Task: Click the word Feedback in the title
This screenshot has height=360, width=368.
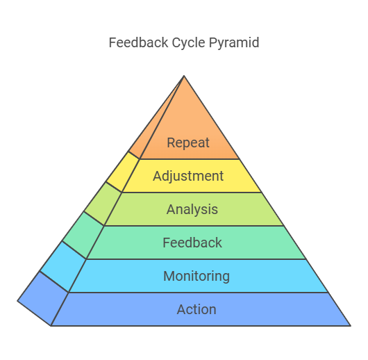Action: pyautogui.click(x=138, y=43)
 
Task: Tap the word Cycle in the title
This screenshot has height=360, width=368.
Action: pyautogui.click(x=188, y=44)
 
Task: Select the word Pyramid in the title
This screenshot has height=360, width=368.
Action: pyautogui.click(x=234, y=44)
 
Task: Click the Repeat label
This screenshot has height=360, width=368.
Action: pyautogui.click(x=188, y=143)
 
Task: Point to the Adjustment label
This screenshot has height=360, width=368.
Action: pyautogui.click(x=188, y=177)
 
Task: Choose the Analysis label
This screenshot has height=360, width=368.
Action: pyautogui.click(x=192, y=210)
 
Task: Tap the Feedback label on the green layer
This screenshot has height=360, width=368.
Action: pyautogui.click(x=192, y=243)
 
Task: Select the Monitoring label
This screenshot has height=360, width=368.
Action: pyautogui.click(x=196, y=277)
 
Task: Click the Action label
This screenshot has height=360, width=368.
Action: pyautogui.click(x=196, y=309)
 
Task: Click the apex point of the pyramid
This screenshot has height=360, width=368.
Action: pyautogui.click(x=184, y=76)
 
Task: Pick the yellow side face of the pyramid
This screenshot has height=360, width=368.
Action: pyautogui.click(x=123, y=172)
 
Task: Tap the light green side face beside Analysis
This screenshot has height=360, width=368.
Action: pyautogui.click(x=103, y=204)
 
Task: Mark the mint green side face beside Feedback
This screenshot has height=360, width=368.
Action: pyautogui.click(x=83, y=235)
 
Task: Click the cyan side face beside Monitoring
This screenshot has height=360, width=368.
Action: pyautogui.click(x=63, y=266)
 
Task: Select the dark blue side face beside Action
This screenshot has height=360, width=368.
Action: pyautogui.click(x=44, y=298)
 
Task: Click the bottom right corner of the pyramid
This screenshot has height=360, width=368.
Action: pyautogui.click(x=351, y=326)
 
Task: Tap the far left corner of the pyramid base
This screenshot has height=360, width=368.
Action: pyautogui.click(x=17, y=301)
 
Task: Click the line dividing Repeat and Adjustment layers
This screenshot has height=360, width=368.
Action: pyautogui.click(x=190, y=159)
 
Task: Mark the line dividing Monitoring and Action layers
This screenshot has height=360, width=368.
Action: pyautogui.click(x=199, y=293)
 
